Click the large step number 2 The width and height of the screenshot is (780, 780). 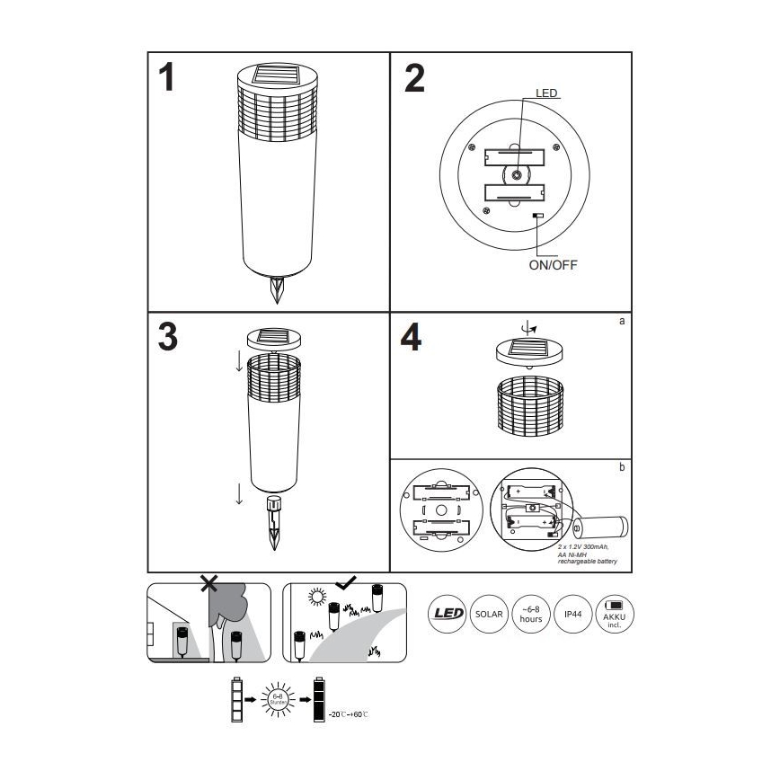(x=413, y=78)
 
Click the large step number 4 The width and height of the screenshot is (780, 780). (x=411, y=339)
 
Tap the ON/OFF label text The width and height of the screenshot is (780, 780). (x=552, y=264)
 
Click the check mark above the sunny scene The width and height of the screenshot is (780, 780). (x=346, y=582)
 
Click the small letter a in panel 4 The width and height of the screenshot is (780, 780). (x=621, y=320)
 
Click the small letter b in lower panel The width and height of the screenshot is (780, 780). (x=621, y=467)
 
